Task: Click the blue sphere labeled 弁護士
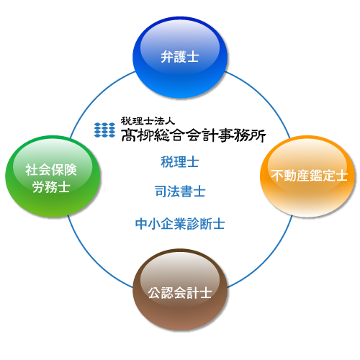[180, 57]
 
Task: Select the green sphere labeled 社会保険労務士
[53, 176]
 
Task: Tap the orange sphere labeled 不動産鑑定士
[307, 176]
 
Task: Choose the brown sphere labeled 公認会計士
[180, 289]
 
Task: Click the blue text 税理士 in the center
[180, 162]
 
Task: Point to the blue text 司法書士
[180, 192]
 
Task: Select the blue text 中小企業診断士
[180, 224]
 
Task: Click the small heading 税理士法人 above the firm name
[148, 121]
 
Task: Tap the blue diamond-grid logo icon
[104, 130]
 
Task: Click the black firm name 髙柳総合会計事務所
[194, 135]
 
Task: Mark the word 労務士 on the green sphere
[51, 187]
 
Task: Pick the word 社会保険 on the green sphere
[51, 170]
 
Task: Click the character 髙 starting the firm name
[129, 135]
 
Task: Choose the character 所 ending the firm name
[258, 135]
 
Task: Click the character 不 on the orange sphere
[277, 175]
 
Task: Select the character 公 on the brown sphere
[155, 293]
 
